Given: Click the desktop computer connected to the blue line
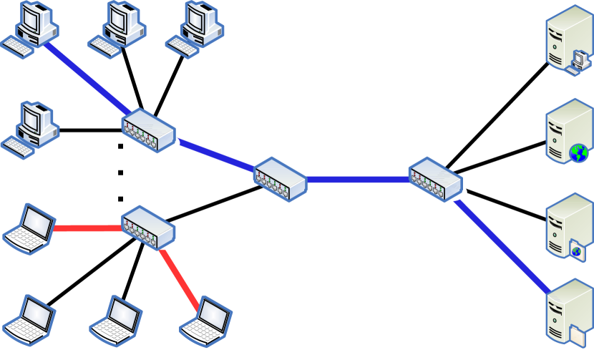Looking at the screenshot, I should [30, 29].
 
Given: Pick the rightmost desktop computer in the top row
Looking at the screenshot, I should [195, 29].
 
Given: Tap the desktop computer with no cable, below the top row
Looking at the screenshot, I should [30, 129].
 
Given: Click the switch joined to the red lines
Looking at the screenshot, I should [148, 227].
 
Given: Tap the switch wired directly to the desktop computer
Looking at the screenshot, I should [148, 130].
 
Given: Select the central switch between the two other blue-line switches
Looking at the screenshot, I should [280, 178].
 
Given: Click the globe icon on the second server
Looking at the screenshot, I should [578, 152].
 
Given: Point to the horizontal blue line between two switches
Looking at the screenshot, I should [357, 180].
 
